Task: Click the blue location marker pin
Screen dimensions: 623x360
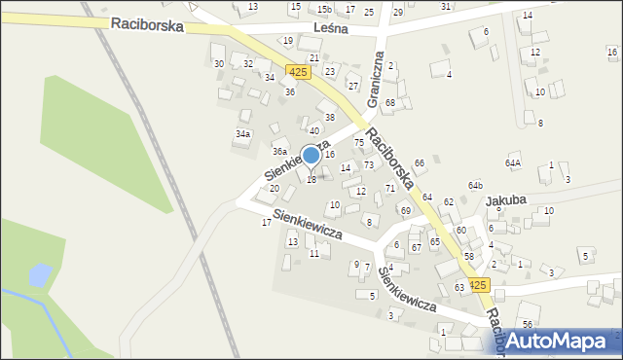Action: coord(311,156)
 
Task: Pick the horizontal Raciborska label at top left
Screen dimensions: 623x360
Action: coord(147,25)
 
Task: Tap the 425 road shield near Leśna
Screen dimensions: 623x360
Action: coord(299,72)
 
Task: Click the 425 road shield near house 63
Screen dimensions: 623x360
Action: coord(477,285)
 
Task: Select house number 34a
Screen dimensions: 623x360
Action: coord(243,133)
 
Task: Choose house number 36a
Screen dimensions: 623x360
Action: coord(279,152)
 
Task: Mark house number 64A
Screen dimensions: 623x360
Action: coord(513,163)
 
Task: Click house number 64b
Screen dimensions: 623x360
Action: coord(475,185)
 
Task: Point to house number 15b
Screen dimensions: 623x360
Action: coord(324,10)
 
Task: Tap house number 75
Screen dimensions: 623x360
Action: coord(358,143)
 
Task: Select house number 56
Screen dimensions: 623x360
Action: coord(527,324)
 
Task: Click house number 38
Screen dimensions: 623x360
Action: coord(330,117)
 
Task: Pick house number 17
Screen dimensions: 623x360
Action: coord(266,223)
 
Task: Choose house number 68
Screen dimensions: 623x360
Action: coord(389,102)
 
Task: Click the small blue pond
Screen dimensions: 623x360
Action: coord(38,276)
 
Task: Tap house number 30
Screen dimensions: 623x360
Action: coord(218,63)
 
